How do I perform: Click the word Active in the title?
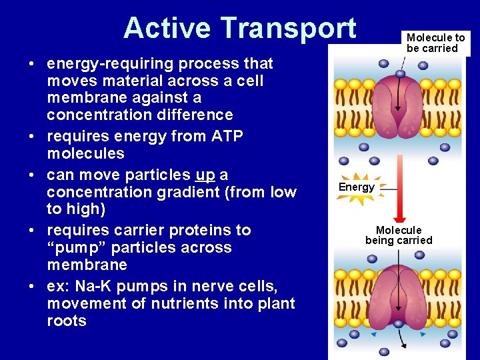168,28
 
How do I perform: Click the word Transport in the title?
288,28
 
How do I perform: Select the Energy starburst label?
357,187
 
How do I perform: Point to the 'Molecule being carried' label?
399,235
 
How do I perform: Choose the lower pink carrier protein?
397,297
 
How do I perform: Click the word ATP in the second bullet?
223,137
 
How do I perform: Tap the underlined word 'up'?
205,175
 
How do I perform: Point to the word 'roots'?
67,321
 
